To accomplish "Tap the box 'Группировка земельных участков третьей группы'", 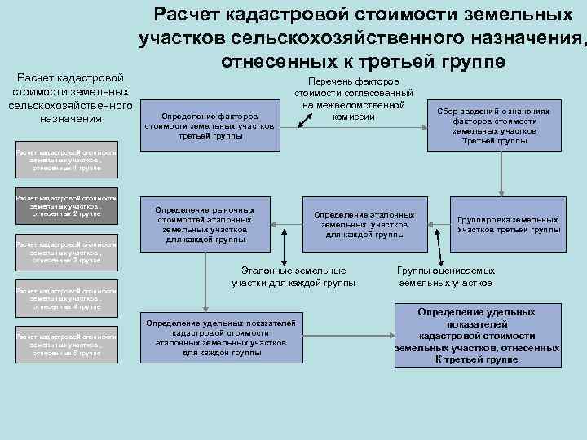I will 508,224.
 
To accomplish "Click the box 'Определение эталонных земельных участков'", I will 364,224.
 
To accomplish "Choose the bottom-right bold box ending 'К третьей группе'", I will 477,336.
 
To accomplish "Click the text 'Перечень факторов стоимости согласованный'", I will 353,99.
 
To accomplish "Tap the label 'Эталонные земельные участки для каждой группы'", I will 293,276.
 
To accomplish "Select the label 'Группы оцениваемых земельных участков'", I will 445,276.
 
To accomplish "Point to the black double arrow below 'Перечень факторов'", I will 307,119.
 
